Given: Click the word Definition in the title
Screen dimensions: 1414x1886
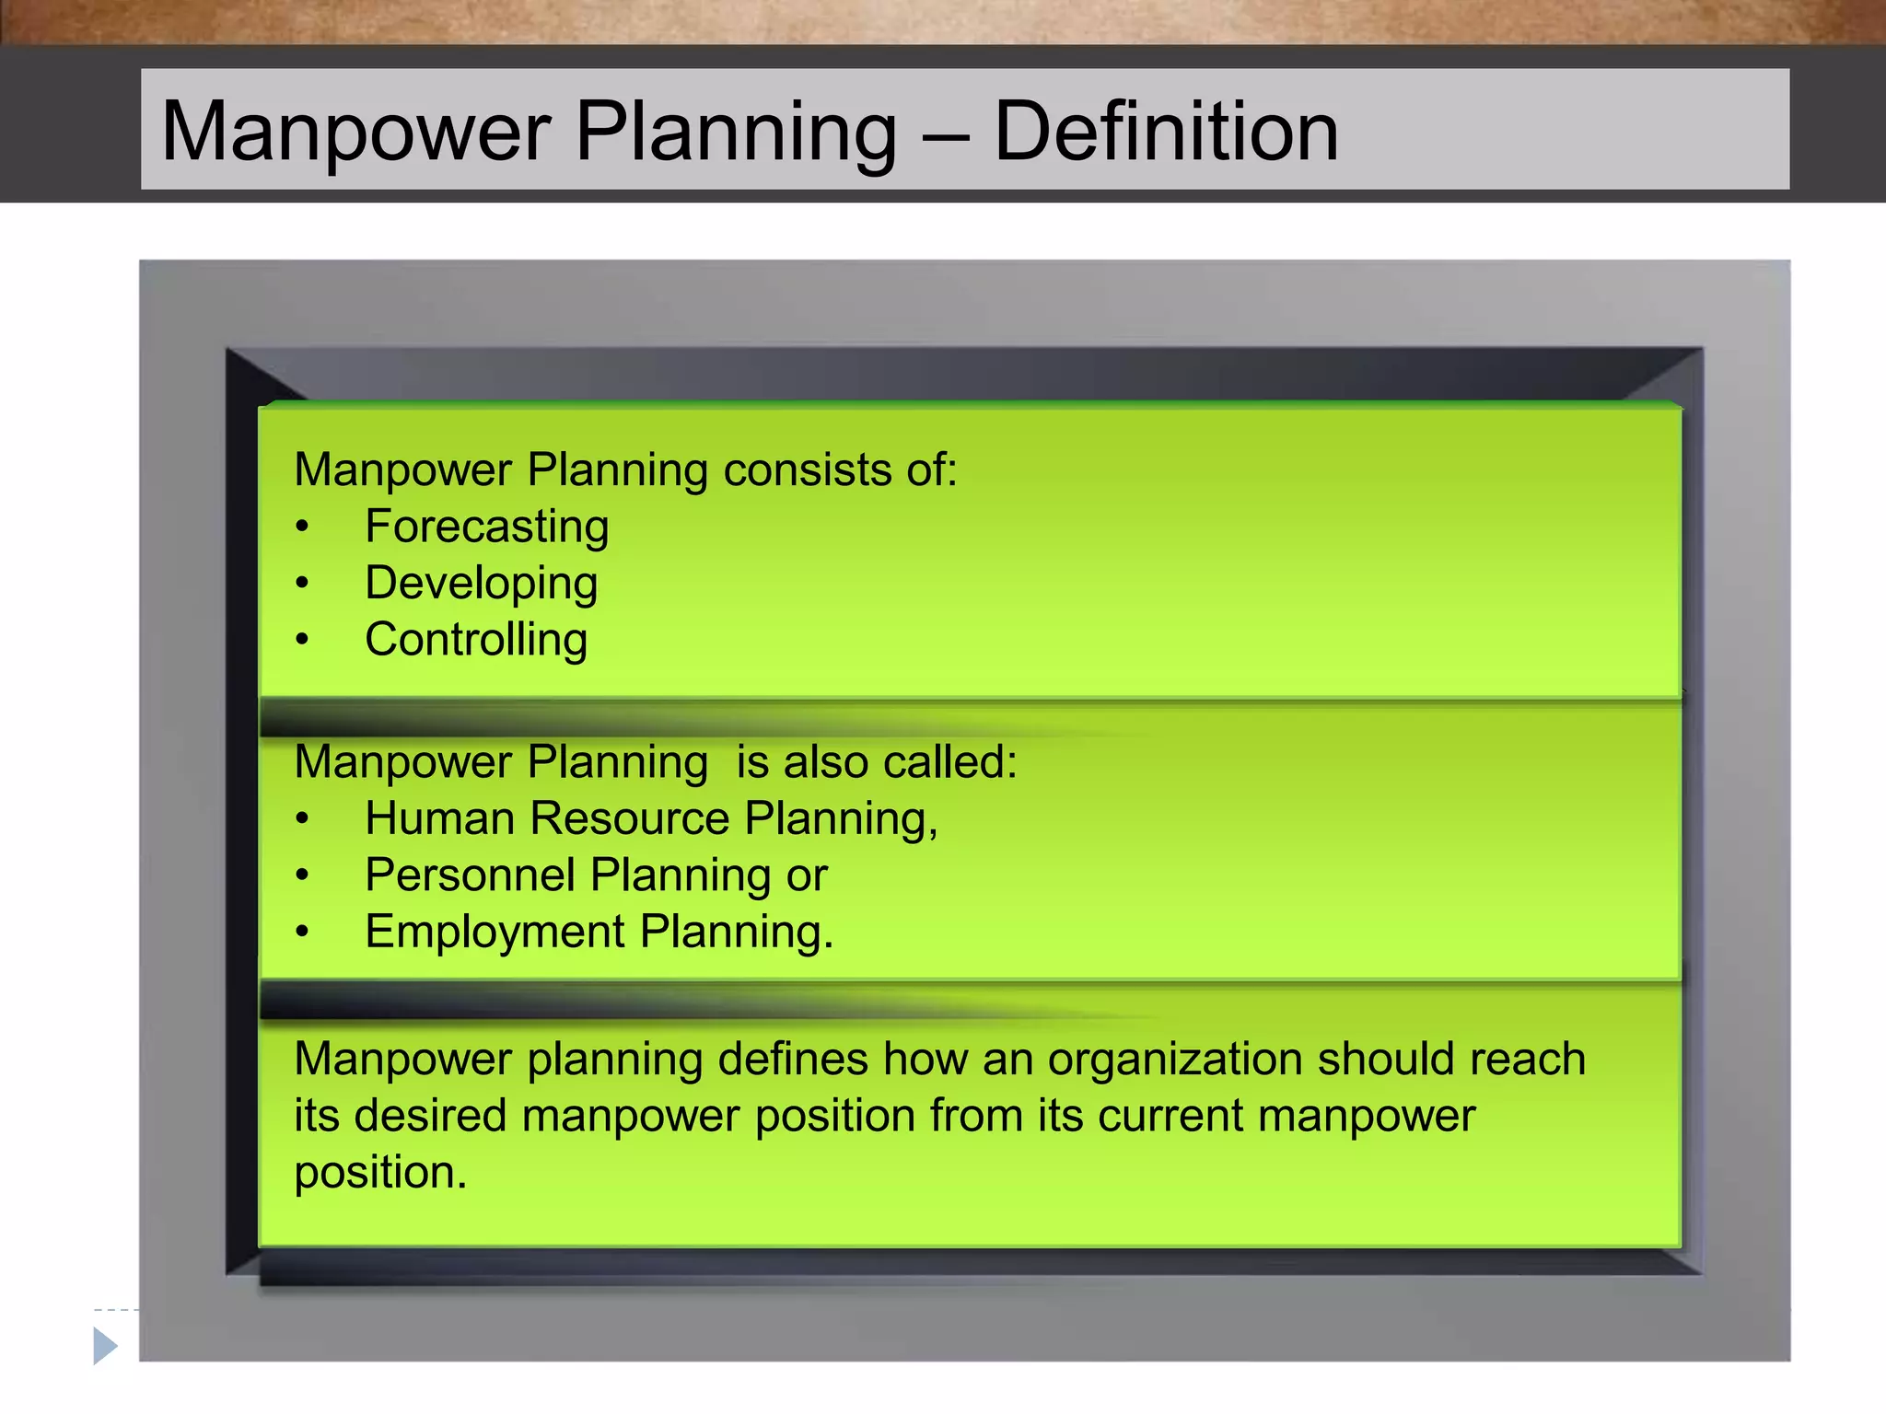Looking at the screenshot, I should (1166, 132).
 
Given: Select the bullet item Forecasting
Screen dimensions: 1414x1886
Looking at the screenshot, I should (486, 527).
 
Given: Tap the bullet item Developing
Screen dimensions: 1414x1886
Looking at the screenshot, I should (481, 584).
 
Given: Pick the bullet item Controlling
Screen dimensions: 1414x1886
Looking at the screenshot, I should (475, 640).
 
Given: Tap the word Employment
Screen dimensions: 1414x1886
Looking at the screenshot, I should (495, 932).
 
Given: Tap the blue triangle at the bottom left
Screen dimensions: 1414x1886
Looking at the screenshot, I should (105, 1346).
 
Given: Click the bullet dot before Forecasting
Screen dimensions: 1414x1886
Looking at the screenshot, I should (302, 527).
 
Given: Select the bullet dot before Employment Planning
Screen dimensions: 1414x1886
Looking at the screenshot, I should (302, 932).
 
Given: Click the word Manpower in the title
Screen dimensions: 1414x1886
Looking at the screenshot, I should (355, 132).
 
